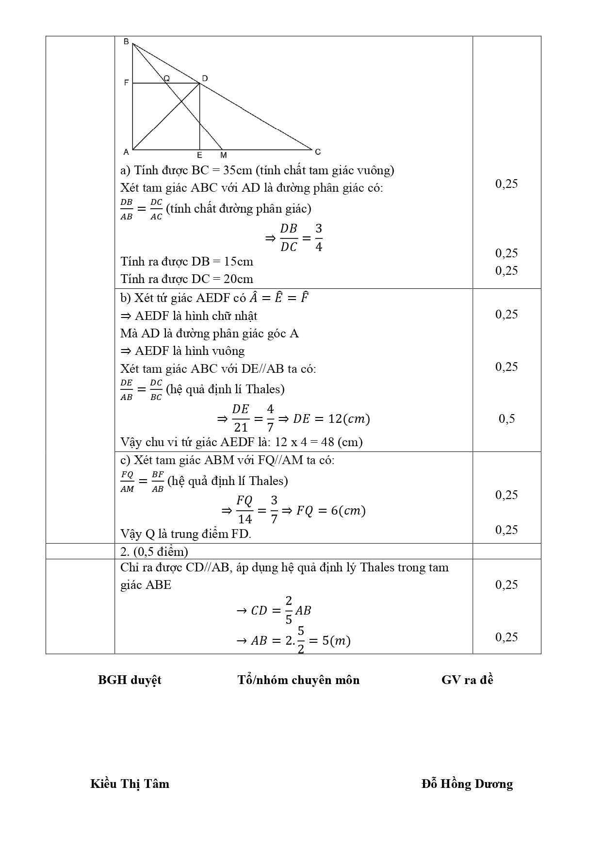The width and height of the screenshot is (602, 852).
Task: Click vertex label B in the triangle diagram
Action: tap(126, 42)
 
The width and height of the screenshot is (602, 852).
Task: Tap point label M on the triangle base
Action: tap(224, 155)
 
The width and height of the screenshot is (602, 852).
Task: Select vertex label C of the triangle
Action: tap(318, 152)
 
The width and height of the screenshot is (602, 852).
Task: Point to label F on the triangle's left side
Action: tap(126, 83)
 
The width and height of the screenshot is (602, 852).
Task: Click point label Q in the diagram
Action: tap(166, 78)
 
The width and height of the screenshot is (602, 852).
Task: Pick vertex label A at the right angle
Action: tap(126, 152)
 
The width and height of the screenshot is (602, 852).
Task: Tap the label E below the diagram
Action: tap(199, 155)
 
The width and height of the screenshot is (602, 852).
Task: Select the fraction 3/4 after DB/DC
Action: tap(319, 237)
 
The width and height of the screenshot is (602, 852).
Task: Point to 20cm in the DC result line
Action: tap(238, 279)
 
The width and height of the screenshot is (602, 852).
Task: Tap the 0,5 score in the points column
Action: tap(507, 418)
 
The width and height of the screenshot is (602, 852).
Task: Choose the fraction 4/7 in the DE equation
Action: tap(270, 418)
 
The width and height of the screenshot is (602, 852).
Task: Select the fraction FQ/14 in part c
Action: tap(244, 510)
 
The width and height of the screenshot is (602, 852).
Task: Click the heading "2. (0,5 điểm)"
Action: tap(154, 551)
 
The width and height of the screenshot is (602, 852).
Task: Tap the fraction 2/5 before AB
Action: tap(289, 610)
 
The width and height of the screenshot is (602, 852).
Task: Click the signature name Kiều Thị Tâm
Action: tap(130, 784)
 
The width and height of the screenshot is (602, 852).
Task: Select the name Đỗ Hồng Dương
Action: tap(467, 784)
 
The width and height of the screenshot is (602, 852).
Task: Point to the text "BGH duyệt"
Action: tap(130, 680)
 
